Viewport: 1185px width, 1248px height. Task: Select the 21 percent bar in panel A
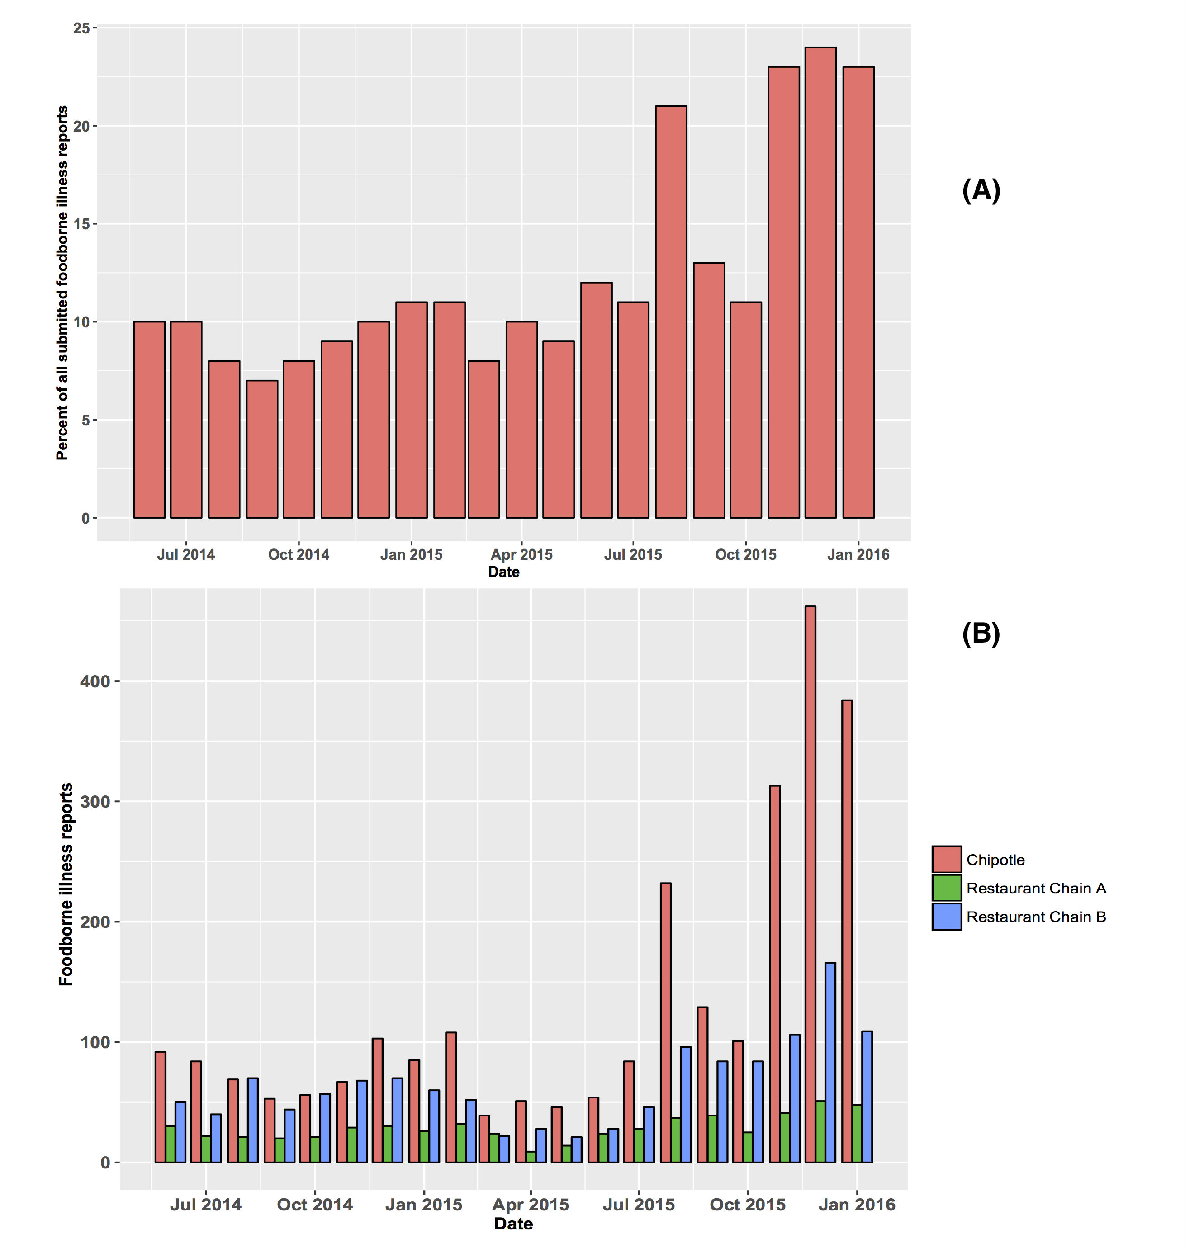click(671, 312)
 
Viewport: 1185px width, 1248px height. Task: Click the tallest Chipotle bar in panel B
click(810, 884)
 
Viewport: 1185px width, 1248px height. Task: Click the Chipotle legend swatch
click(946, 859)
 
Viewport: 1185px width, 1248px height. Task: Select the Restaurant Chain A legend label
click(1036, 888)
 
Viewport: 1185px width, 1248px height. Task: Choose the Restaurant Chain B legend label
click(1036, 917)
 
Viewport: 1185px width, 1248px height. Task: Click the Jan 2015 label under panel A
click(411, 554)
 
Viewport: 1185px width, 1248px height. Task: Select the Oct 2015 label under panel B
click(747, 1205)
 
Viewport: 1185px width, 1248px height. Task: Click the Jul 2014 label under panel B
click(205, 1205)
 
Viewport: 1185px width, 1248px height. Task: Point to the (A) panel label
click(981, 190)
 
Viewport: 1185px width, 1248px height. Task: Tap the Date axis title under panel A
click(503, 572)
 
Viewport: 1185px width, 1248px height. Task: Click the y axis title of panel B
click(66, 884)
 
